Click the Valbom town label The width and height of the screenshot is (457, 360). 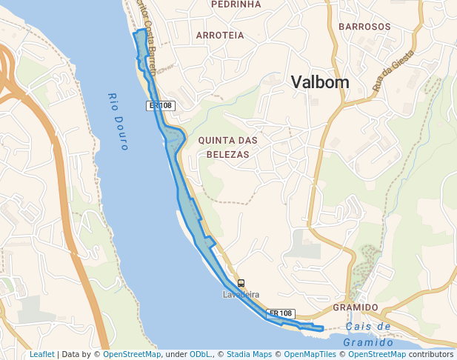click(320, 82)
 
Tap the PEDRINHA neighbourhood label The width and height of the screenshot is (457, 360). click(236, 4)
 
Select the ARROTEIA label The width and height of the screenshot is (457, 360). click(220, 35)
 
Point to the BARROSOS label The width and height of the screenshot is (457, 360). click(364, 27)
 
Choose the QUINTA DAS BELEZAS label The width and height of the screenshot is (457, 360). click(223, 147)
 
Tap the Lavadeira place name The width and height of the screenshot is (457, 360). click(241, 294)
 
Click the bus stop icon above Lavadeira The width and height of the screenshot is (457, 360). click(241, 283)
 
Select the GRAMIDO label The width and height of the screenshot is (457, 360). click(356, 307)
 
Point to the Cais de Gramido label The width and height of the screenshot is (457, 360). click(368, 334)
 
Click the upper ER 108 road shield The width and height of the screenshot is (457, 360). click(160, 106)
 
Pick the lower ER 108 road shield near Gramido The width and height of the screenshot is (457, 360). click(281, 314)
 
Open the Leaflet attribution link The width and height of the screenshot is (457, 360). click(42, 354)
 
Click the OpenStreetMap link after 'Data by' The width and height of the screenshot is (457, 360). click(132, 354)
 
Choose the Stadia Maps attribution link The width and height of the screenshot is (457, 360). click(250, 354)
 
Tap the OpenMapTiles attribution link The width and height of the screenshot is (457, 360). click(310, 354)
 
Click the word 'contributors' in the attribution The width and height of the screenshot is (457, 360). click(430, 354)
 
